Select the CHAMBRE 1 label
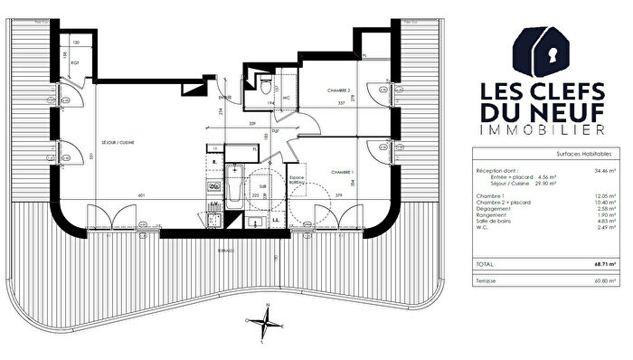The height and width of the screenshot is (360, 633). pyautogui.click(x=341, y=171)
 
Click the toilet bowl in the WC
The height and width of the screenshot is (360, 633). pyautogui.click(x=263, y=86)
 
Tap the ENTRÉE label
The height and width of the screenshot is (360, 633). pyautogui.click(x=226, y=97)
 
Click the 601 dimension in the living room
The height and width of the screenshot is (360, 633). pyautogui.click(x=141, y=194)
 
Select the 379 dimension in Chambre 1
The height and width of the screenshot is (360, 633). pyautogui.click(x=337, y=194)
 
